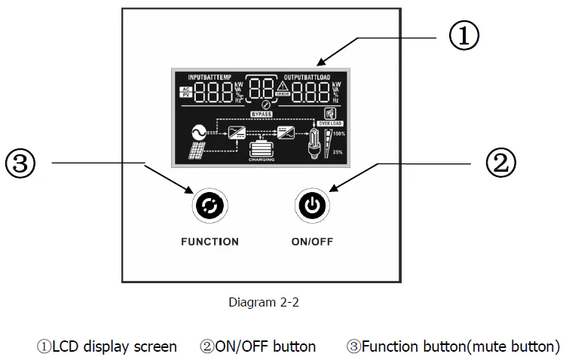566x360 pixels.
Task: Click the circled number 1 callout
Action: tap(464, 35)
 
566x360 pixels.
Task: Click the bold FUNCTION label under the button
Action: tap(210, 242)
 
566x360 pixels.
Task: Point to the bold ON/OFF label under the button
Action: tap(312, 242)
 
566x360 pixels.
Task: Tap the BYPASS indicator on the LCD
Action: tap(263, 113)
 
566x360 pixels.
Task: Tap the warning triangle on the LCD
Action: tap(283, 87)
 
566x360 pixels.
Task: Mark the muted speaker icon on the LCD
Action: tap(329, 111)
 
